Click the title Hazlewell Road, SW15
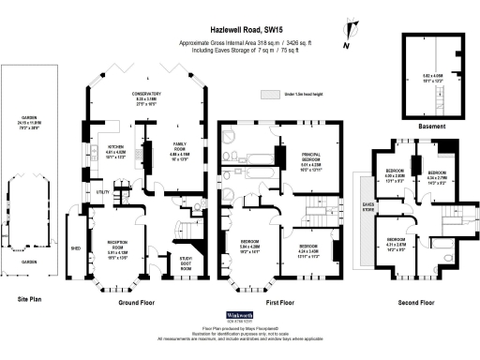click(x=239, y=30)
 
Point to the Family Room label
click(x=179, y=147)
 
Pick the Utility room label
click(x=103, y=192)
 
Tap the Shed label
click(x=76, y=248)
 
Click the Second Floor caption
click(x=413, y=303)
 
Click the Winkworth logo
click(x=241, y=317)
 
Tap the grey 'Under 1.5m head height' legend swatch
click(x=272, y=94)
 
